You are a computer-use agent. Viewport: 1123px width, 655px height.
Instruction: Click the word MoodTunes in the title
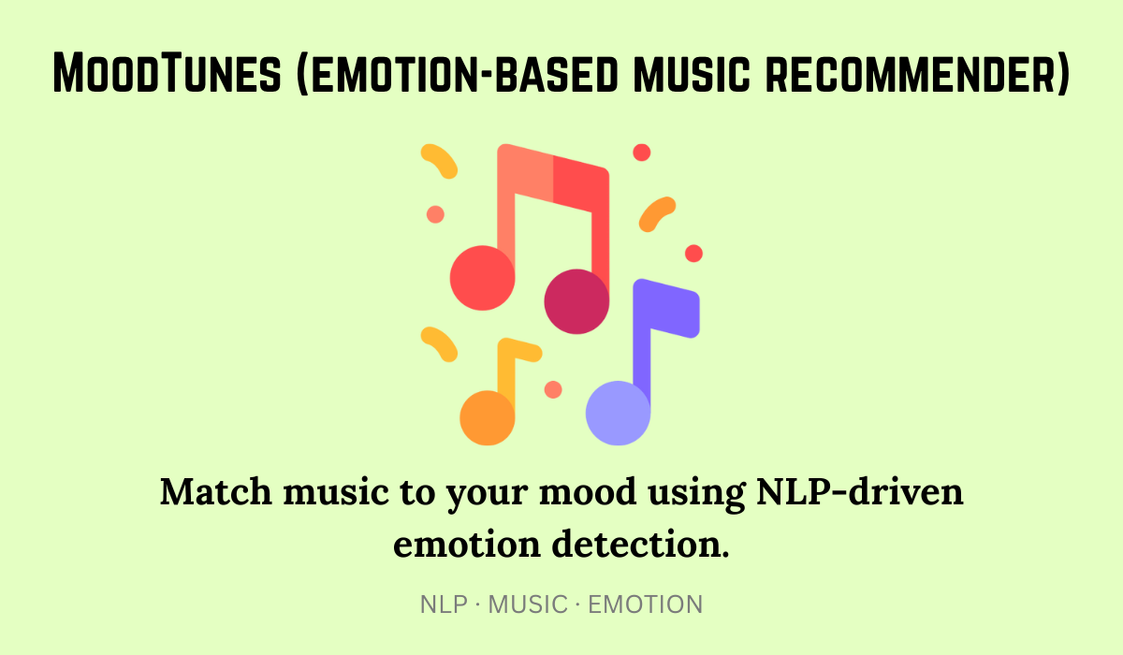[167, 73]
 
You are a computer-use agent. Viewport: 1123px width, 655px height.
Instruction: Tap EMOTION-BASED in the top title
[458, 73]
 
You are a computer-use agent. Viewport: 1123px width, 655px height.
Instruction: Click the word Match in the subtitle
[216, 491]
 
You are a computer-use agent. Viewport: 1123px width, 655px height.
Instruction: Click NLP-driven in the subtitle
[860, 491]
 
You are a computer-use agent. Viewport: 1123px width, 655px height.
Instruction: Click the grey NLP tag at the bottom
[444, 604]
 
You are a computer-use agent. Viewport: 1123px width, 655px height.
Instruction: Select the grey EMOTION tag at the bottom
[645, 604]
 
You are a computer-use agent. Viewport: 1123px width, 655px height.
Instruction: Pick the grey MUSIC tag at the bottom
[528, 604]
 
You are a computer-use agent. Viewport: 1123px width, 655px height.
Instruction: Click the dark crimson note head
[576, 301]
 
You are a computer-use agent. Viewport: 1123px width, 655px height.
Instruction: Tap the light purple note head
[619, 413]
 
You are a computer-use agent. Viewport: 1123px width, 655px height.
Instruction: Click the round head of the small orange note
[488, 418]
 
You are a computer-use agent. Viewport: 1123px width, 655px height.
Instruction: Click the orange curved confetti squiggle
[656, 214]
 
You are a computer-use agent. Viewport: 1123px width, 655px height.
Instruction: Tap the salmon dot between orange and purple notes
[553, 389]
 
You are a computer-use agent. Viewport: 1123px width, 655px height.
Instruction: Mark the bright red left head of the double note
[482, 278]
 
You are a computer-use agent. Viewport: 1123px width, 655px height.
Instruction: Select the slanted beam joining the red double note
[553, 178]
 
